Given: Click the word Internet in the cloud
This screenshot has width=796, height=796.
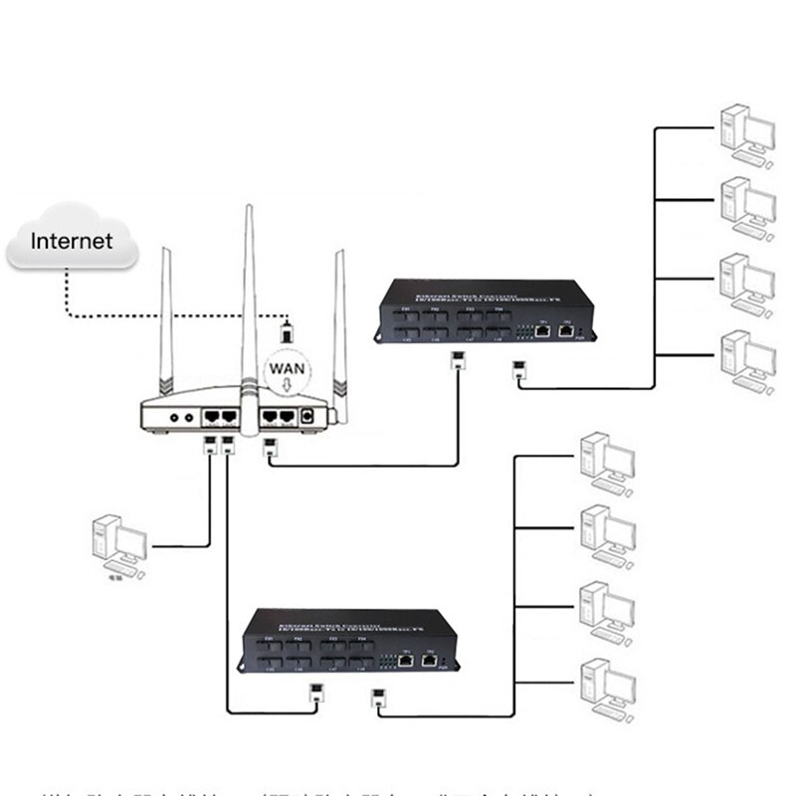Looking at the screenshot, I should [71, 241].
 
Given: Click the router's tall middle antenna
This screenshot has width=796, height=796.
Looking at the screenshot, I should [249, 298].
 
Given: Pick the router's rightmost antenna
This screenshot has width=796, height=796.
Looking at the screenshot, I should [340, 328].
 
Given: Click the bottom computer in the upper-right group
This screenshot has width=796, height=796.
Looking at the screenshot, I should [745, 357].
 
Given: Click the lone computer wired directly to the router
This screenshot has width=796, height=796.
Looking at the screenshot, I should [117, 546].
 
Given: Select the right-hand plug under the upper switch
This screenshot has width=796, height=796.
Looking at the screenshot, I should [519, 371].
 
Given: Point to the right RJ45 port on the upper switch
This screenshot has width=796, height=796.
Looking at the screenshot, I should [565, 327].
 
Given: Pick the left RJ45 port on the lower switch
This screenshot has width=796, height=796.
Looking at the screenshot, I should [405, 658].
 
